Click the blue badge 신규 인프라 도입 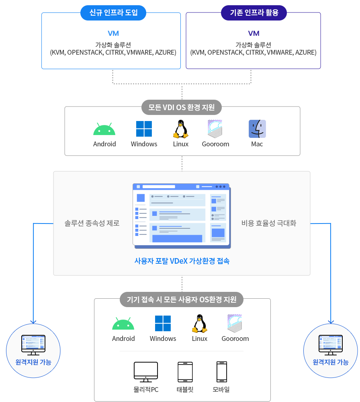pos(113,12)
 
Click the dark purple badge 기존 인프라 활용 pos(254,12)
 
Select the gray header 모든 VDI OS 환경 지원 pos(182,107)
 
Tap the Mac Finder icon pos(257,129)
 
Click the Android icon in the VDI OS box pos(104,129)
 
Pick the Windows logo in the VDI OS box pos(144,129)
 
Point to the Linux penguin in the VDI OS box pos(181,129)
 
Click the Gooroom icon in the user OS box pos(235,323)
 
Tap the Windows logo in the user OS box pos(163,323)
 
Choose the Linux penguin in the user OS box pos(200,324)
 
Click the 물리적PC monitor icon pos(146,372)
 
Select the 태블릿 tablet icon pos(185,372)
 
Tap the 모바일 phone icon pos(222,372)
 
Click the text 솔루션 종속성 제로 pos(92,223)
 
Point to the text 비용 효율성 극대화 pos(269,223)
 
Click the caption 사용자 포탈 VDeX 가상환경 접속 pos(182,261)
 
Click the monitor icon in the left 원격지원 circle pos(33,345)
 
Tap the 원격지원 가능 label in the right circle pos(331,362)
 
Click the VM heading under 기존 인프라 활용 pos(254,33)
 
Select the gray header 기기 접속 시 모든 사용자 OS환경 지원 pos(182,299)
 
